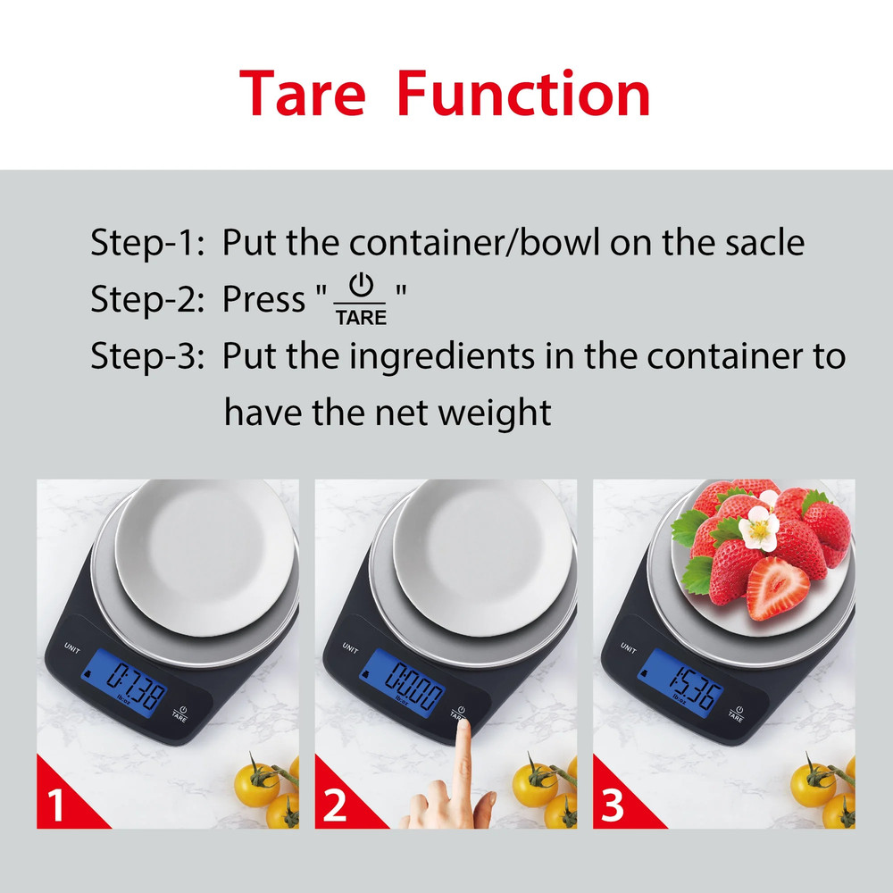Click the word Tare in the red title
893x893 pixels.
click(x=303, y=94)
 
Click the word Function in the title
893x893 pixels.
click(x=523, y=94)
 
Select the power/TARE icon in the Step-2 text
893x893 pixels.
click(x=361, y=300)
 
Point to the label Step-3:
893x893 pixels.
click(x=148, y=357)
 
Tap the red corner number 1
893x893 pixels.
click(x=56, y=807)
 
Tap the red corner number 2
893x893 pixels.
click(x=335, y=807)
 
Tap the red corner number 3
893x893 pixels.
click(x=613, y=807)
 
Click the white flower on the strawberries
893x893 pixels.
click(x=760, y=529)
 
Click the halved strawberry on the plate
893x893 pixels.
click(x=776, y=588)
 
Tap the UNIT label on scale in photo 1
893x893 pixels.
click(x=72, y=647)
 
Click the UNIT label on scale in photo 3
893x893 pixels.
click(x=628, y=647)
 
